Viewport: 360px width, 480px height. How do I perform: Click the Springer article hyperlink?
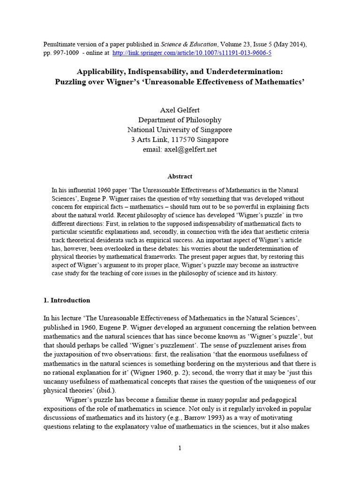coord(192,53)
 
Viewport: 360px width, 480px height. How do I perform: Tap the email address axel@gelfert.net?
coord(180,150)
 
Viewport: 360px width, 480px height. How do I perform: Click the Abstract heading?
coord(180,176)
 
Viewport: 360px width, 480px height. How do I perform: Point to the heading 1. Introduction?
coord(67,300)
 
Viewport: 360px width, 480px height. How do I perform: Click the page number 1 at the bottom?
coord(180,448)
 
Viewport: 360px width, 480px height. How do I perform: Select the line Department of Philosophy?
coord(180,120)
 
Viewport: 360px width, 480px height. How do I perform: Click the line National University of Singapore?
coord(180,130)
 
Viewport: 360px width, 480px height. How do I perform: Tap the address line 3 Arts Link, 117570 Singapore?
coord(180,140)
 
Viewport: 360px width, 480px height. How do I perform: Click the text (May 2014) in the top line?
coord(289,44)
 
